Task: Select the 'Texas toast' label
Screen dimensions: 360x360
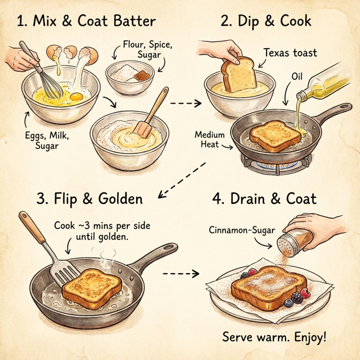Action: (289, 53)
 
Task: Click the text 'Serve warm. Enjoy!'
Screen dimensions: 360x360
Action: (274, 336)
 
